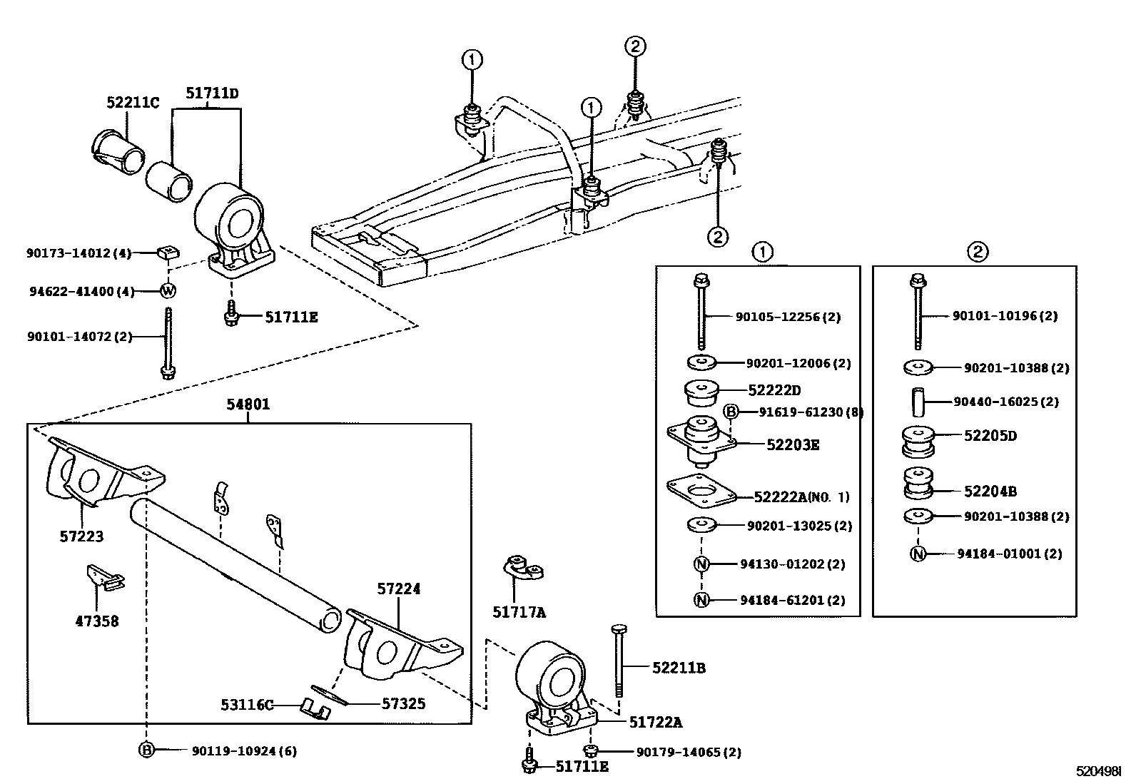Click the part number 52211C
[x=133, y=103]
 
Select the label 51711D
[x=212, y=93]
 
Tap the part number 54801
[x=248, y=404]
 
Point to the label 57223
[x=81, y=536]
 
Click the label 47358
[x=97, y=621]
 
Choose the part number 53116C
[x=247, y=705]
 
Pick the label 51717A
[x=519, y=613]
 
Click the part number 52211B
[x=679, y=668]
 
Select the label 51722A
[x=656, y=722]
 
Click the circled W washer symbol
[x=168, y=291]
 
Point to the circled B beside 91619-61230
[x=731, y=412]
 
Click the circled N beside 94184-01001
[x=918, y=554]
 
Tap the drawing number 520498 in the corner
[x=1098, y=771]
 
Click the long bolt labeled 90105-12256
[x=701, y=311]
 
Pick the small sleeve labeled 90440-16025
[x=918, y=401]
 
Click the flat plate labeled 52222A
[x=701, y=490]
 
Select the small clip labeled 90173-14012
[x=168, y=252]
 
